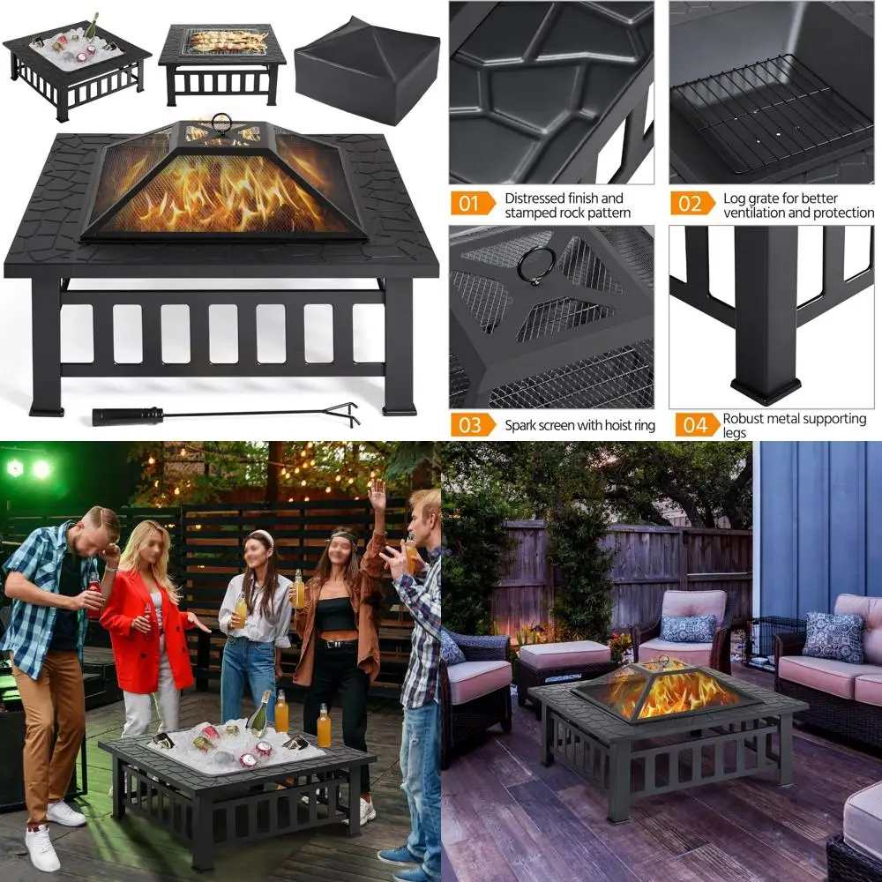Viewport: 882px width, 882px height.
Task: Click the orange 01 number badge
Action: pos(473,205)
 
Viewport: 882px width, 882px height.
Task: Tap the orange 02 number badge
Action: pos(692,205)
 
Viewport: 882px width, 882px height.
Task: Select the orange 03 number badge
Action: pos(473,425)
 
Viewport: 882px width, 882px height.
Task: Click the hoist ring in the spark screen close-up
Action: pos(536,265)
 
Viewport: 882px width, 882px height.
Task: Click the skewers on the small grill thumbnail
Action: pos(228,40)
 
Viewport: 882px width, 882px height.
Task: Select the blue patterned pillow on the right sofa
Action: pos(833,637)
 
